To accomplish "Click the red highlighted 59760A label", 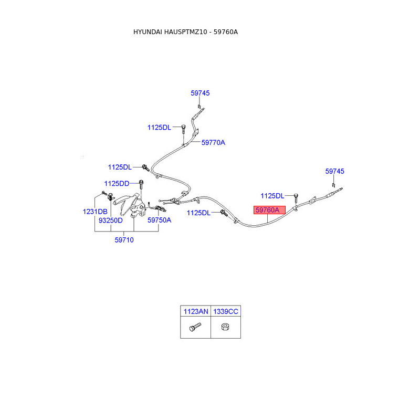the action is tap(269, 210).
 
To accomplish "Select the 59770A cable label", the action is tap(213, 142).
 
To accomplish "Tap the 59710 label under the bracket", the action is tap(124, 240).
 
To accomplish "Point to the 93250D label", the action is tap(111, 220).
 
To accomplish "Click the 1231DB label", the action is tap(95, 212).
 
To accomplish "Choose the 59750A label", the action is tap(159, 220).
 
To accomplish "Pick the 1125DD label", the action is tap(117, 183).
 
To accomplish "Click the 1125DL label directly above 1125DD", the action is tap(120, 167).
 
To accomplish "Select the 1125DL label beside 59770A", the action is tap(159, 127).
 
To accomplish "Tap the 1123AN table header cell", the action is tap(195, 311).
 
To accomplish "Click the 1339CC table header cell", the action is tap(226, 311).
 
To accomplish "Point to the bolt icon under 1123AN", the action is tap(194, 328).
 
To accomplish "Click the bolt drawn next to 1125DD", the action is tap(141, 184).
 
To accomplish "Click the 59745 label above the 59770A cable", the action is tap(200, 93).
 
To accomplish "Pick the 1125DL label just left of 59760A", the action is tap(198, 213).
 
